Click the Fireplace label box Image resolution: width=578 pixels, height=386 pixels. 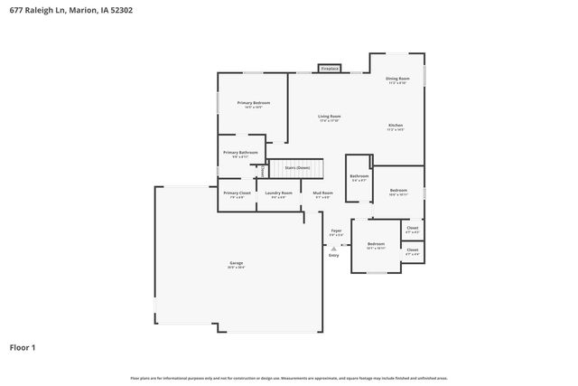pos(329,69)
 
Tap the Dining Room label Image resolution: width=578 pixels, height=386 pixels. pos(397,80)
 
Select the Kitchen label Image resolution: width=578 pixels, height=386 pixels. pos(396,125)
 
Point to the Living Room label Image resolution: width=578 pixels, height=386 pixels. pos(329,117)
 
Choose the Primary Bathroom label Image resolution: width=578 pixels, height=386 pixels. pos(240,153)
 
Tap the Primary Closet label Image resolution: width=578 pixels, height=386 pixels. pos(238,193)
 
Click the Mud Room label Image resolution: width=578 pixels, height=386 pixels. pos(322,193)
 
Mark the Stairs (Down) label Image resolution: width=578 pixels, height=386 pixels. pos(297,167)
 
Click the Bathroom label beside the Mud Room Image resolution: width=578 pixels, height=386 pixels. pos(359,176)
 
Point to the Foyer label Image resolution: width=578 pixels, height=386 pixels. pos(335,231)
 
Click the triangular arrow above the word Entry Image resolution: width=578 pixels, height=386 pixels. pos(333,248)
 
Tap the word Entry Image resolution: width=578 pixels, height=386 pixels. pos(333,255)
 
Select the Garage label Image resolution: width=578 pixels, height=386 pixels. pos(236,264)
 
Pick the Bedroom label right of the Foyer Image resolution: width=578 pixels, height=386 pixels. pos(376,244)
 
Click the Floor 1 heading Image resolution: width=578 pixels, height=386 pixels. pos(23,346)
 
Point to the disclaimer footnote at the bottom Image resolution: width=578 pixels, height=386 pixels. pos(288,378)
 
